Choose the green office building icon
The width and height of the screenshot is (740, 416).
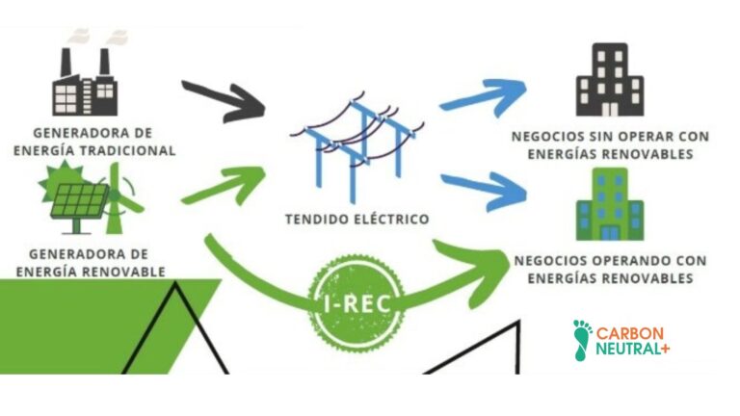pyautogui.click(x=609, y=204)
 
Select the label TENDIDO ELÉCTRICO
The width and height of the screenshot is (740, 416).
pyautogui.click(x=357, y=219)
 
